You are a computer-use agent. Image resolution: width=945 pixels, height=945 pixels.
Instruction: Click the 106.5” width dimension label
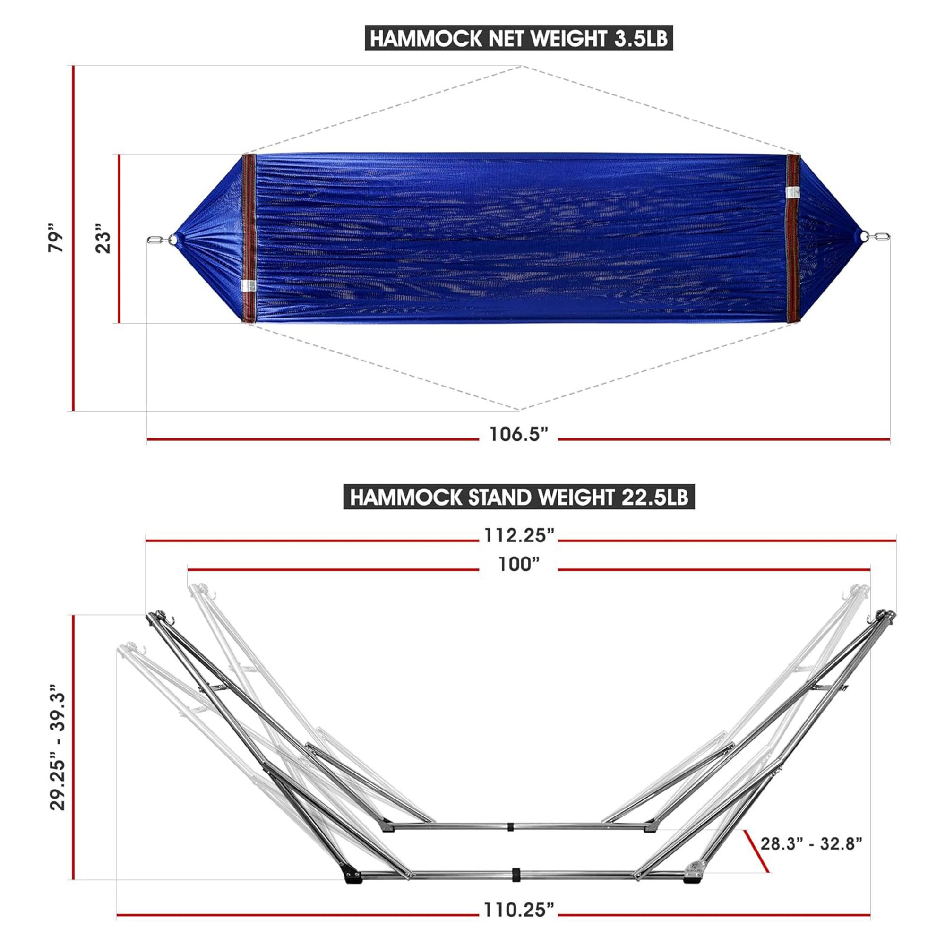(518, 434)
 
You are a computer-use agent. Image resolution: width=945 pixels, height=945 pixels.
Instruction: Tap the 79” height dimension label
(57, 238)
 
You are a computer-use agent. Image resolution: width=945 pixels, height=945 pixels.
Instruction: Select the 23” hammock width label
(103, 238)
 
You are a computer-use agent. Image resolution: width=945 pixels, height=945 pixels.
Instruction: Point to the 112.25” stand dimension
(518, 536)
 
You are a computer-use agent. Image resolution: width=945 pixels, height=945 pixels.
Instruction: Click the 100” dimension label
(518, 565)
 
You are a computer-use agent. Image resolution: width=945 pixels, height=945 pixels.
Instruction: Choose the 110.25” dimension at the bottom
(518, 911)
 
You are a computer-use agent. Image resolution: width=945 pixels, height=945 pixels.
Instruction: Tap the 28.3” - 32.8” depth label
(811, 843)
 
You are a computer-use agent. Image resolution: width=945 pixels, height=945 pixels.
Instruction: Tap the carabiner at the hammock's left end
(156, 239)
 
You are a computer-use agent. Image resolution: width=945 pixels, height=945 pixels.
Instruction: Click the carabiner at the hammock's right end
(882, 237)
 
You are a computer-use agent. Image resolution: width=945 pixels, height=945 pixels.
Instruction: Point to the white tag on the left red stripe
(247, 287)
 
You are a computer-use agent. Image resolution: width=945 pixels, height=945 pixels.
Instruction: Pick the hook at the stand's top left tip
(171, 620)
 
